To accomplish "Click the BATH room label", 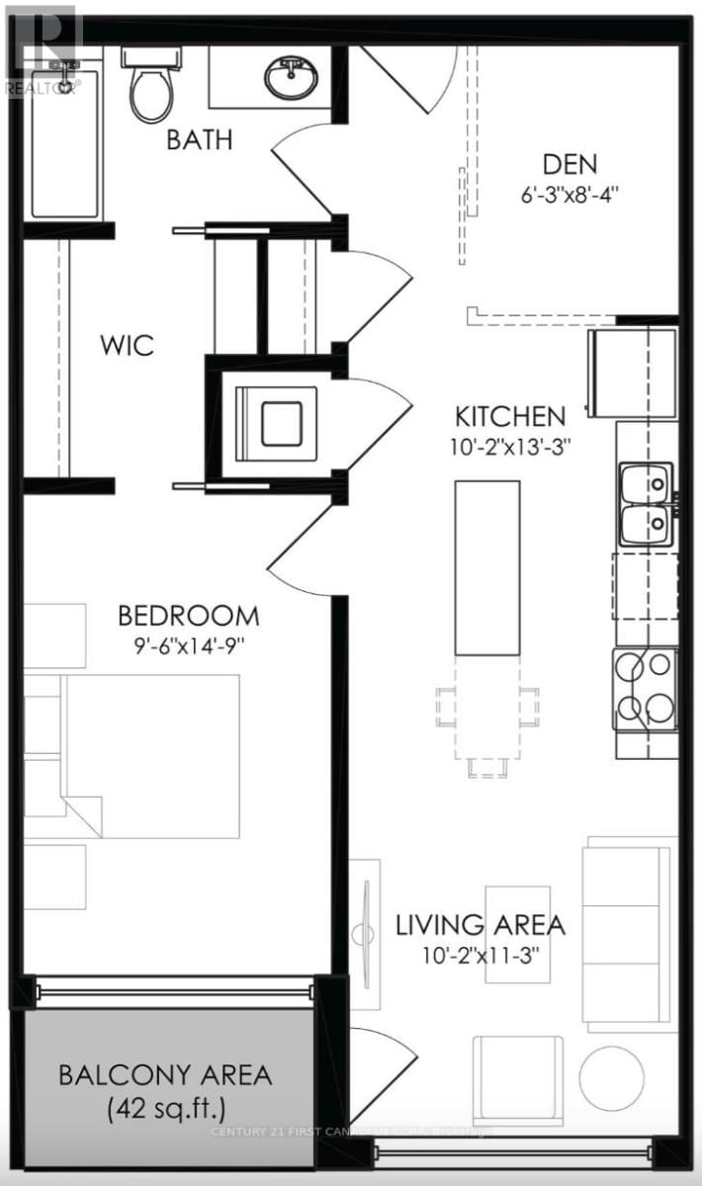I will (200, 139).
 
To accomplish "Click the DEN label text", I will (570, 164).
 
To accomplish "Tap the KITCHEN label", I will (510, 416).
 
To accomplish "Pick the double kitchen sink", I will (647, 504).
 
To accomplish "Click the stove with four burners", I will (646, 688).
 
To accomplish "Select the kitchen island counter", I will (486, 567).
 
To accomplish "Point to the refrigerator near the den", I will (633, 375).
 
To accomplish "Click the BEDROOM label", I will (189, 616).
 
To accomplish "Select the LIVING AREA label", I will (481, 925).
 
